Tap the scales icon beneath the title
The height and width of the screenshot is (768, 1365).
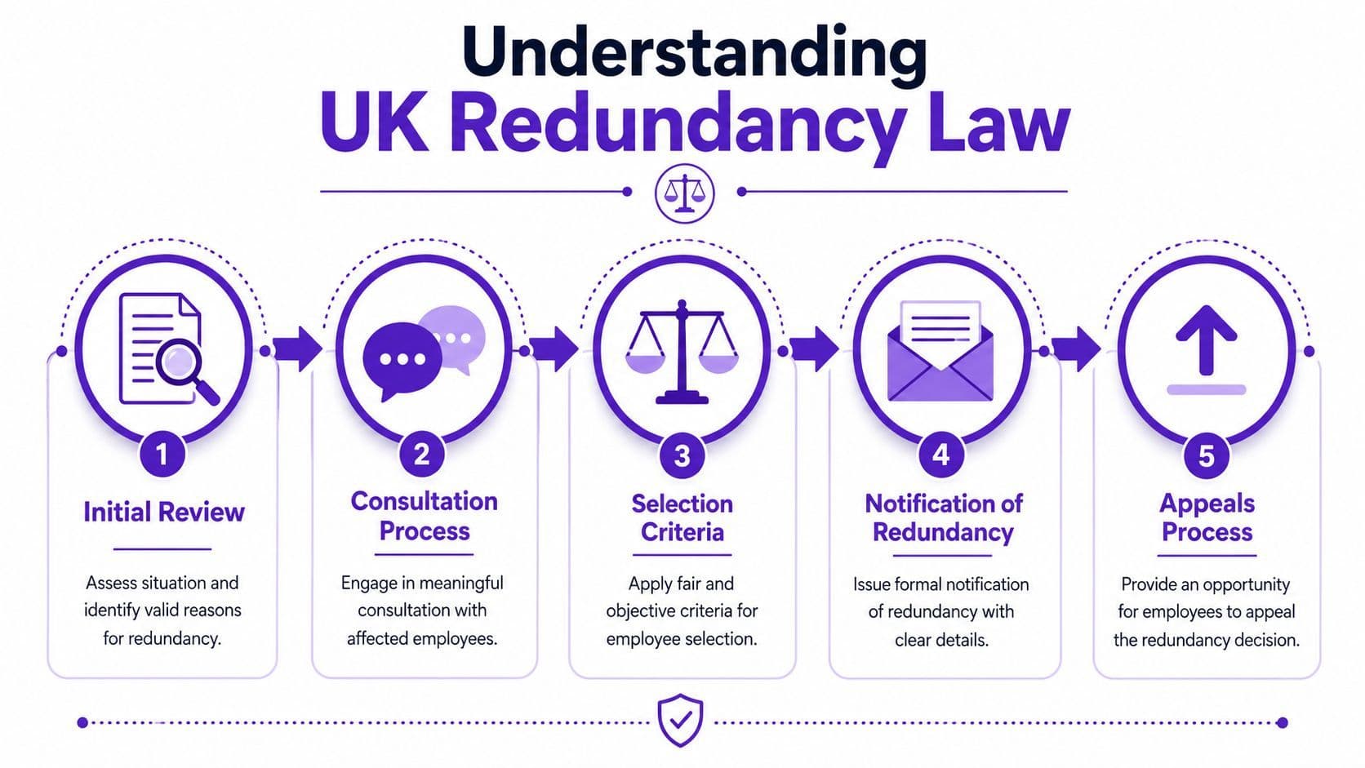[x=684, y=193]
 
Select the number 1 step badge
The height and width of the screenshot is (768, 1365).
[x=162, y=454]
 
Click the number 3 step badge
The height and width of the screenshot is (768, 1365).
[x=682, y=455]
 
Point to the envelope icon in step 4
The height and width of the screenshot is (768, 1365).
[x=940, y=351]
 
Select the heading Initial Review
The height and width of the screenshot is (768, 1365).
[x=164, y=513]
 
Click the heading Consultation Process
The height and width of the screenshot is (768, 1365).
[x=425, y=516]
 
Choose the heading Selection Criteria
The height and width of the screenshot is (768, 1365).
[x=682, y=517]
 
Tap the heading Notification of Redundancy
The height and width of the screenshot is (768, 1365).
[x=943, y=517]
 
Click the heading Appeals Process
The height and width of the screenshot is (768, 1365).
[x=1207, y=517]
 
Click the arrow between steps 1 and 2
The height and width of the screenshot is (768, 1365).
[x=297, y=349]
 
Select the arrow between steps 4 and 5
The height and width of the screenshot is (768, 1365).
[x=1076, y=349]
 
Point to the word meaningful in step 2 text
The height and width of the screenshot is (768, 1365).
[x=461, y=584]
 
